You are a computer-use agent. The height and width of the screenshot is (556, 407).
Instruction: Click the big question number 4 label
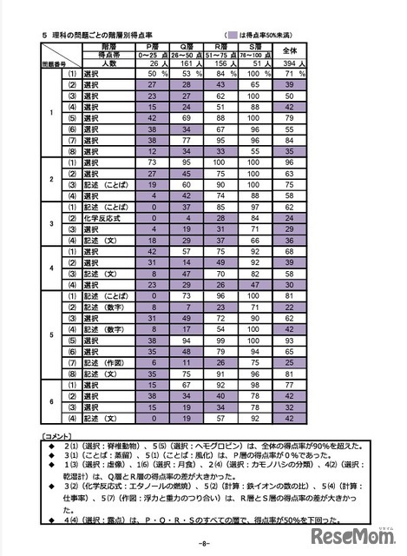[x=50, y=269]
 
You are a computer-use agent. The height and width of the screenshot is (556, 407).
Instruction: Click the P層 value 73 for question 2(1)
[x=151, y=162]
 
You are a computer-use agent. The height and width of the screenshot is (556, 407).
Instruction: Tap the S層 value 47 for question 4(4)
[x=257, y=283]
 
